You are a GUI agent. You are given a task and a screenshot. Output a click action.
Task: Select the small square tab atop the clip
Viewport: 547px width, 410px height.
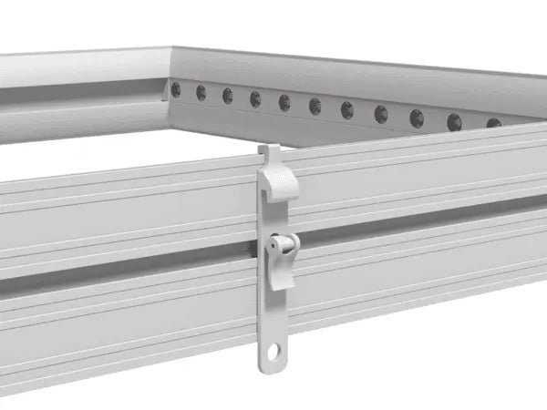[267, 149]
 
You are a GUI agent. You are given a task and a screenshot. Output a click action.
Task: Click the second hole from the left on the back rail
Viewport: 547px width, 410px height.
[201, 92]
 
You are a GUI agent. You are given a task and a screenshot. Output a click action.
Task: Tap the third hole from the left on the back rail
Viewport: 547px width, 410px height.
[227, 95]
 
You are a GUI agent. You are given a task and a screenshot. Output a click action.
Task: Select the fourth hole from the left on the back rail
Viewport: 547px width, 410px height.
[255, 98]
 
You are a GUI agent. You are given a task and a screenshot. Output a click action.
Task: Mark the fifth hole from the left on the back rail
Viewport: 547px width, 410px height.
[284, 102]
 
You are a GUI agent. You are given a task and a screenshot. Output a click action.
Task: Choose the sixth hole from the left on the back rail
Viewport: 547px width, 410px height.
[315, 106]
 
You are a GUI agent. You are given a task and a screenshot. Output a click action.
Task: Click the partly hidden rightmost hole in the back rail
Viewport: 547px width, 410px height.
[493, 123]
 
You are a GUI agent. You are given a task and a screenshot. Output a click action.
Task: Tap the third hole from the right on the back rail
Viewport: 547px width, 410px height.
[417, 117]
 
